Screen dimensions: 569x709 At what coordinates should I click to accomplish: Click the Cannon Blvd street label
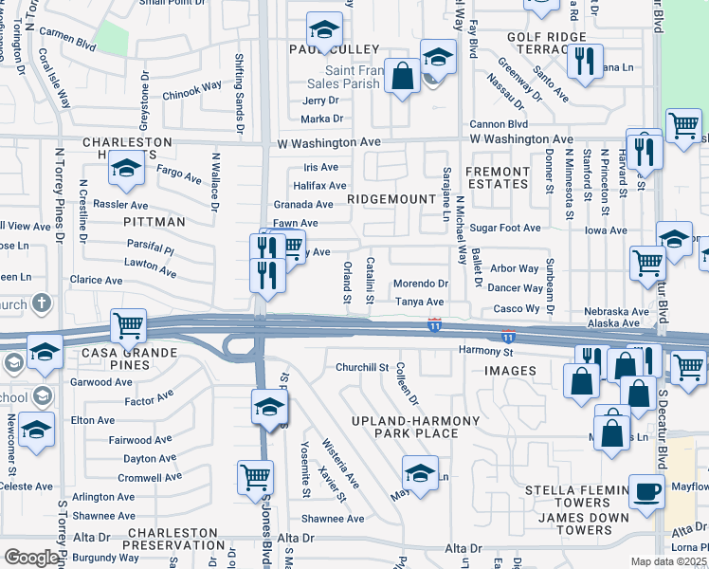coord(499,124)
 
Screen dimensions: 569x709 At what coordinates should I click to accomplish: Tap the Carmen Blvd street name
coord(68,44)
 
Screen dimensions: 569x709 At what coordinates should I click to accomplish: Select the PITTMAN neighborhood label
coord(155,221)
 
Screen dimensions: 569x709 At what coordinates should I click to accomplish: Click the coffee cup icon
coord(647,493)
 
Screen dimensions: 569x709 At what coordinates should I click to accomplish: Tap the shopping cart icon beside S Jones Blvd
coord(255,477)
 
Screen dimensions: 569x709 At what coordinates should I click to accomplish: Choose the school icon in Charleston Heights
coord(125,172)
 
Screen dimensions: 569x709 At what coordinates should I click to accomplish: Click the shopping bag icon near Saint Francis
coord(403,77)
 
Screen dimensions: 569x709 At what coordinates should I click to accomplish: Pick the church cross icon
coord(41,303)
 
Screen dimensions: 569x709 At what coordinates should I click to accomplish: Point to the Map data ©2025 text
coord(669,561)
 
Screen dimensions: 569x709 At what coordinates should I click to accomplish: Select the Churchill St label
coord(362,367)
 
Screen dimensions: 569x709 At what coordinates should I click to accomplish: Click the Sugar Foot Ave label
coord(505,229)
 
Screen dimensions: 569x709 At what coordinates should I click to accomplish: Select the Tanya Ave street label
coord(420,302)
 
